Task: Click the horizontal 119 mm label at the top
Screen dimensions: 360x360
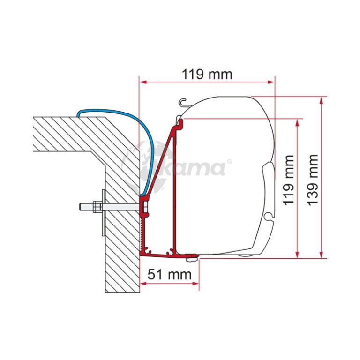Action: [207, 74]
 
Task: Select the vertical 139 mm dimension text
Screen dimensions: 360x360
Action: [313, 180]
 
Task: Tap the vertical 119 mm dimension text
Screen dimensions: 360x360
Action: [288, 180]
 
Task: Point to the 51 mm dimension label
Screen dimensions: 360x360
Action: [169, 274]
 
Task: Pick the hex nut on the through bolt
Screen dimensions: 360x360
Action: [97, 206]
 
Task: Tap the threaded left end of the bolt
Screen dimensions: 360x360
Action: [86, 206]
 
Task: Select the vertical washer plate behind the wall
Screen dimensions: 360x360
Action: [104, 213]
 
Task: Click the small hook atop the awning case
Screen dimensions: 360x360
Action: [183, 102]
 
